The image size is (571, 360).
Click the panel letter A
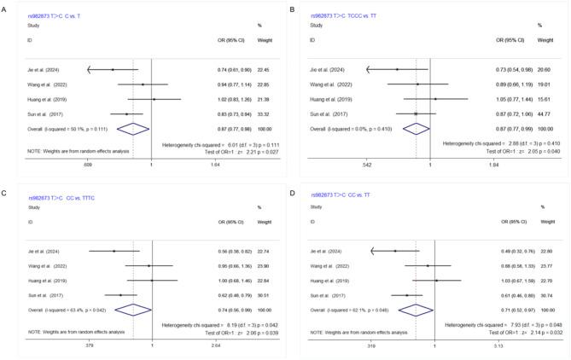tap(4, 8)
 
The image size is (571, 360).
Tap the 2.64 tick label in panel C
tap(216, 347)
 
